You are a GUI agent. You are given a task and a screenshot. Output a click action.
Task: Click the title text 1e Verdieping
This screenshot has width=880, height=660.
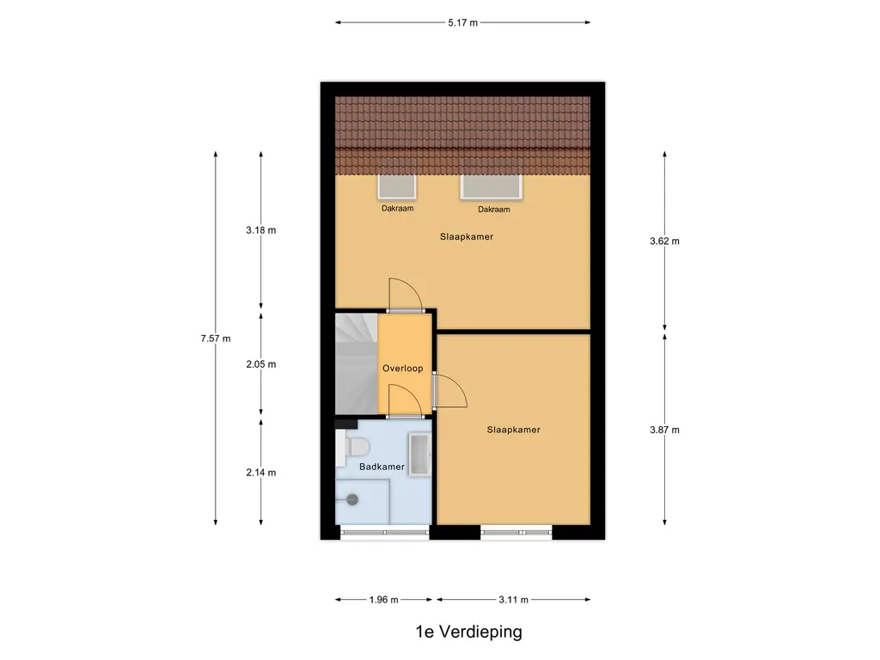click(467, 632)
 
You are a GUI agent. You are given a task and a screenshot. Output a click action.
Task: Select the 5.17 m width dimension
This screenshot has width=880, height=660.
click(462, 23)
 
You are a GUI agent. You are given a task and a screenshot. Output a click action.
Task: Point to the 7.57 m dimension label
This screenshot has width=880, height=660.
click(215, 339)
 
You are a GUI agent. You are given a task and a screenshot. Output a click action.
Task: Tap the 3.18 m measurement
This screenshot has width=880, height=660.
click(260, 230)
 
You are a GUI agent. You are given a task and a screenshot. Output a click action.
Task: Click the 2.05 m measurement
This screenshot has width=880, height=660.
click(260, 364)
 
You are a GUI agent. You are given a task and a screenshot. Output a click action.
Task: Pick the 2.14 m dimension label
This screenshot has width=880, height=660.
click(260, 472)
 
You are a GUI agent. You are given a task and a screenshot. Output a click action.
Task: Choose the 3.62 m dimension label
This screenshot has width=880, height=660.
click(664, 241)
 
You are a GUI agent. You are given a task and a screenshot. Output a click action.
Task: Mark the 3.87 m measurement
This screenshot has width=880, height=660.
click(664, 430)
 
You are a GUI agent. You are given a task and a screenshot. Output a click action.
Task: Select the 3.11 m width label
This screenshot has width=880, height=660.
click(512, 600)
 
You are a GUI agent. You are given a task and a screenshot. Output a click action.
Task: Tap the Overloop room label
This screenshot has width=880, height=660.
click(402, 369)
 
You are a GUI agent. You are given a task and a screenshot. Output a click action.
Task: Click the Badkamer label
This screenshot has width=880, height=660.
click(382, 467)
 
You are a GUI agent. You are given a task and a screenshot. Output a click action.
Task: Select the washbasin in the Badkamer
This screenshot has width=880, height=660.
click(419, 454)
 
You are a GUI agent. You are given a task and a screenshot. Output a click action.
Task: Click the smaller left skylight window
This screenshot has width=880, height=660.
click(396, 187)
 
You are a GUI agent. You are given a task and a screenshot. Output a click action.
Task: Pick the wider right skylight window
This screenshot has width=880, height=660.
click(492, 187)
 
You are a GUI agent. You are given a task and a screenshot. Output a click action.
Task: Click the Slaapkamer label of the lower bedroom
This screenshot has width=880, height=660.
click(513, 430)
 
